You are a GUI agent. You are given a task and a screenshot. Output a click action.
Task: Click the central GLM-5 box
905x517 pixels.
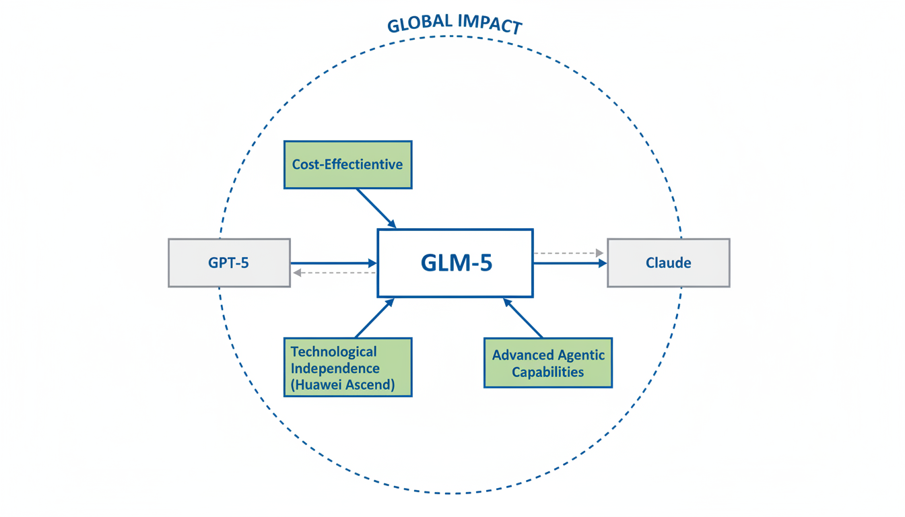click(455, 263)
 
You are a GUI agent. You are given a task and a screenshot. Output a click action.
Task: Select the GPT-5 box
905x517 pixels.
click(229, 263)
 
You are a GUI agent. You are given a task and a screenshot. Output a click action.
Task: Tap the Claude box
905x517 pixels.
click(668, 263)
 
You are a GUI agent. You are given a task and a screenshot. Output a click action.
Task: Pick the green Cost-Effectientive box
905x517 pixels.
click(347, 164)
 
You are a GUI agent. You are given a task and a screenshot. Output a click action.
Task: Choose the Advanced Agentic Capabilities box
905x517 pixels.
click(548, 363)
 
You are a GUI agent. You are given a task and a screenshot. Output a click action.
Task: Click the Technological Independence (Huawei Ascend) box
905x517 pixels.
click(347, 368)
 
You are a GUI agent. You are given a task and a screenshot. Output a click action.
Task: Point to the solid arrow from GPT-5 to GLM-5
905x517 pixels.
click(333, 263)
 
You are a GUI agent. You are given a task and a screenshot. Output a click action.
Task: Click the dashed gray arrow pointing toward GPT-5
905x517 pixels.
click(333, 273)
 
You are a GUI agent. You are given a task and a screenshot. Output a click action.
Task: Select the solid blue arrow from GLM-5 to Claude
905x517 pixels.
click(570, 263)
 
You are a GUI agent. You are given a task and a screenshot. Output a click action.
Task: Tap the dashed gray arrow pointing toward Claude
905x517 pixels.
click(568, 253)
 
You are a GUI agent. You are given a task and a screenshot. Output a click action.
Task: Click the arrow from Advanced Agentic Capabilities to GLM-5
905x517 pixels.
click(523, 318)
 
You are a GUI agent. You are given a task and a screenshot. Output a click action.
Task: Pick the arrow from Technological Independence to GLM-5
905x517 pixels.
click(374, 318)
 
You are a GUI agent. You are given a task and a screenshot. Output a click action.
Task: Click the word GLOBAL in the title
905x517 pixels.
click(419, 23)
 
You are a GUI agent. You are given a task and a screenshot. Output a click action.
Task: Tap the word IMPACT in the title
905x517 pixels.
click(490, 24)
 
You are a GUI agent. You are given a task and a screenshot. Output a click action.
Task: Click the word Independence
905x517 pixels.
click(335, 368)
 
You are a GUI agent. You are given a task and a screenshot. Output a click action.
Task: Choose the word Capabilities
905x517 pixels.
click(548, 372)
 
